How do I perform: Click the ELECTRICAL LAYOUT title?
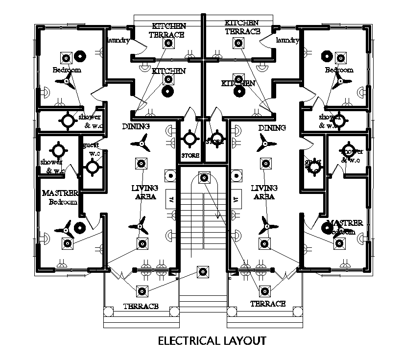(212, 340)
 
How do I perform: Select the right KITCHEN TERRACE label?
(242, 27)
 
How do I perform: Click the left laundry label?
(118, 40)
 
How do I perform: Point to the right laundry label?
(287, 40)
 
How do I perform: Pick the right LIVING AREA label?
(264, 192)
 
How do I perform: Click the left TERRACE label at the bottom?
(141, 307)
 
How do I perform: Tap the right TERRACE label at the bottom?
(268, 304)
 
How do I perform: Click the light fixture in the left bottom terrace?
(142, 290)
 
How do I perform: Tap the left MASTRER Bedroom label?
(60, 197)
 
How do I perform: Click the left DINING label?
(136, 126)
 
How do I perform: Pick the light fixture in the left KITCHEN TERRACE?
(168, 44)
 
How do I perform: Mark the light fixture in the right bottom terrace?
(265, 290)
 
